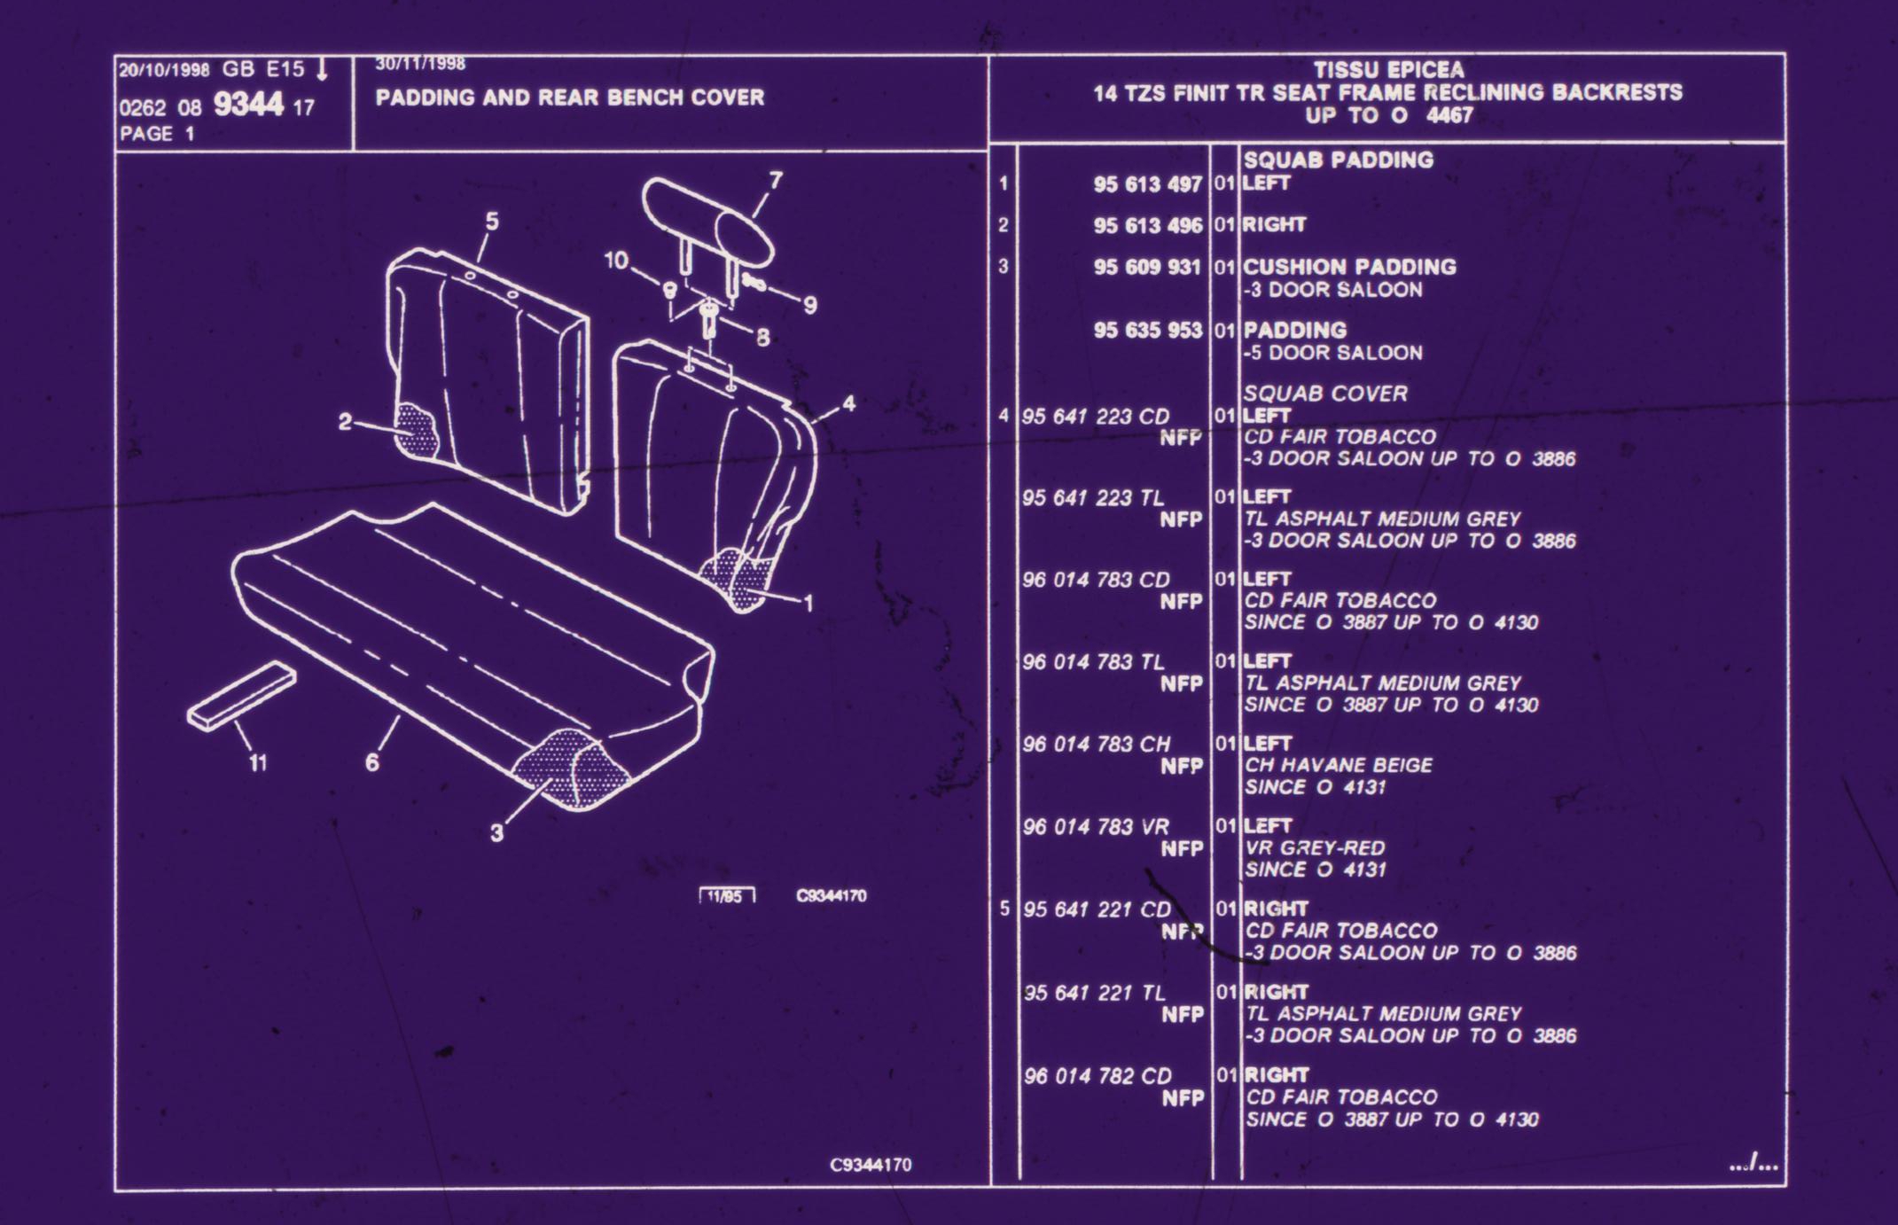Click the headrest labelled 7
point(707,221)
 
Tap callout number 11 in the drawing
point(258,762)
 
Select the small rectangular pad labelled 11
point(242,696)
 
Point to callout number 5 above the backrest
point(492,221)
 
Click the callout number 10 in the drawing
point(616,261)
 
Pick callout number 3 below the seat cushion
point(496,832)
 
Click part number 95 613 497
point(1147,184)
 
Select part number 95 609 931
point(1147,267)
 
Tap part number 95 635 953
point(1147,331)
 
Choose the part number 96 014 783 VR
point(1096,827)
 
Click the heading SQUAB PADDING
point(1338,160)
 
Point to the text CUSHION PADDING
point(1349,267)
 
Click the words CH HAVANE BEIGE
point(1338,765)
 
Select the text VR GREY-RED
point(1315,848)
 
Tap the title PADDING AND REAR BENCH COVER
point(569,98)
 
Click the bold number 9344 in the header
point(248,105)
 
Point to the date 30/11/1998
point(420,64)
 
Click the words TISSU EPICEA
point(1388,70)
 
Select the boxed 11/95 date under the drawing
point(726,896)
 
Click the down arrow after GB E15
point(322,69)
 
